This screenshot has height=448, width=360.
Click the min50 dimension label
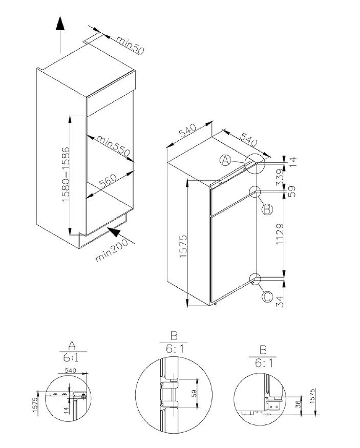(129, 45)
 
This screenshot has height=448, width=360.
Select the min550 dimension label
(113, 146)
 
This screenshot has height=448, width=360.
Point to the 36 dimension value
(298, 404)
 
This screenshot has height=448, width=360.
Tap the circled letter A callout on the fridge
(225, 161)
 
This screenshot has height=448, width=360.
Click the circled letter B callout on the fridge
(266, 209)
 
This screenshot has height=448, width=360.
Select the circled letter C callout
(266, 296)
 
